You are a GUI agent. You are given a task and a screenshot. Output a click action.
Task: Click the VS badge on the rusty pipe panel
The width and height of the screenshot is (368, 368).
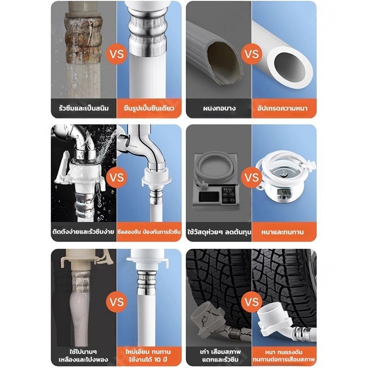click(x=117, y=54)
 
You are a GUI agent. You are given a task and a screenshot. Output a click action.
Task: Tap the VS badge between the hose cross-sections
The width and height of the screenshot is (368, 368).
click(x=252, y=54)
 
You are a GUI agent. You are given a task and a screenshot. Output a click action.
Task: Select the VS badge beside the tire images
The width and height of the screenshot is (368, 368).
click(x=252, y=302)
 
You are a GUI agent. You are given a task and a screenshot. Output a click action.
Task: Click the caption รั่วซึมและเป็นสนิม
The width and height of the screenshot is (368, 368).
click(x=84, y=109)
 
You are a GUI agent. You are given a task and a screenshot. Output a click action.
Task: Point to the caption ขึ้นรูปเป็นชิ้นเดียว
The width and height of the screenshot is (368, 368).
click(x=149, y=109)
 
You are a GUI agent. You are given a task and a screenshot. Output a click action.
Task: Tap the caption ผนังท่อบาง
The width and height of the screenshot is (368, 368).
click(x=219, y=109)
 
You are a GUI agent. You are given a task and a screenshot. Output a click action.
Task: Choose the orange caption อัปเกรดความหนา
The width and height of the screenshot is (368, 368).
click(x=282, y=109)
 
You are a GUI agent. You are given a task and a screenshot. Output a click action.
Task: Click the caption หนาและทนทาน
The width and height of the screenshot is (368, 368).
click(x=282, y=232)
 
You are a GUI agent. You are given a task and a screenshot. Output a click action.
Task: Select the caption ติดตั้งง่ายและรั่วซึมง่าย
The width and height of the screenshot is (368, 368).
click(x=84, y=232)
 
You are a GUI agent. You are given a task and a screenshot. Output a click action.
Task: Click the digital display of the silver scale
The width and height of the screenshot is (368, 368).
click(x=284, y=192)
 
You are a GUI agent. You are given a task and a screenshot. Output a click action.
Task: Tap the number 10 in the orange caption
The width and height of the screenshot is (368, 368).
click(x=158, y=359)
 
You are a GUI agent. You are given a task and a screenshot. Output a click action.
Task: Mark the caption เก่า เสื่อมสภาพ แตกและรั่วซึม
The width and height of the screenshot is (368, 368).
click(x=219, y=356)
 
